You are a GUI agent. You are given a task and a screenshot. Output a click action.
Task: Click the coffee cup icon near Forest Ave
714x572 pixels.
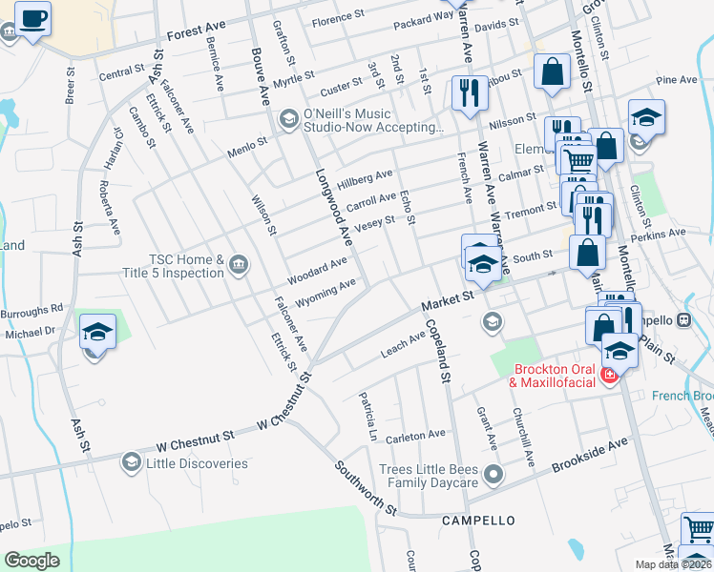(32, 18)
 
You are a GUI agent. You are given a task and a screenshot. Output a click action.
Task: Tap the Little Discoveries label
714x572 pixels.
(197, 464)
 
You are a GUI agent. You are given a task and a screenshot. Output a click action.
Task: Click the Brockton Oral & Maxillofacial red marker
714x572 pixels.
(609, 379)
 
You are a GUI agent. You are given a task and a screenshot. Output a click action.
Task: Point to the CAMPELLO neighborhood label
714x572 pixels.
(478, 521)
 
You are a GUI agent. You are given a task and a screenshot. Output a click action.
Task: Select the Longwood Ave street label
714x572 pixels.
(334, 207)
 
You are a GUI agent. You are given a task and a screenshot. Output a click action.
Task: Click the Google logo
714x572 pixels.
(31, 561)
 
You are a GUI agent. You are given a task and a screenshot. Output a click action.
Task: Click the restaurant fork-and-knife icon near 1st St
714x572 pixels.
(468, 93)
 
